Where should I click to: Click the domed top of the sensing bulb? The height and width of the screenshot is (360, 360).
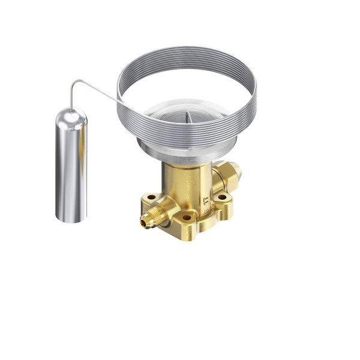71,115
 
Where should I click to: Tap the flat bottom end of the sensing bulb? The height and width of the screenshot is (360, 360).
71,220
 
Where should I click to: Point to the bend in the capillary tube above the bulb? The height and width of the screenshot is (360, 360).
73,82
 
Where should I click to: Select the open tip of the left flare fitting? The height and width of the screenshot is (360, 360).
143,223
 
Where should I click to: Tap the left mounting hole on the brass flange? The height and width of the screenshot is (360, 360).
151,197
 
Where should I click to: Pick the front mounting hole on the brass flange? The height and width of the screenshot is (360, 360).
187,217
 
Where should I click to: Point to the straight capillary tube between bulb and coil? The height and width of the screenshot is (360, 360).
96,91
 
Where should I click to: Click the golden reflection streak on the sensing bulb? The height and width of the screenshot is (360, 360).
62,168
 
